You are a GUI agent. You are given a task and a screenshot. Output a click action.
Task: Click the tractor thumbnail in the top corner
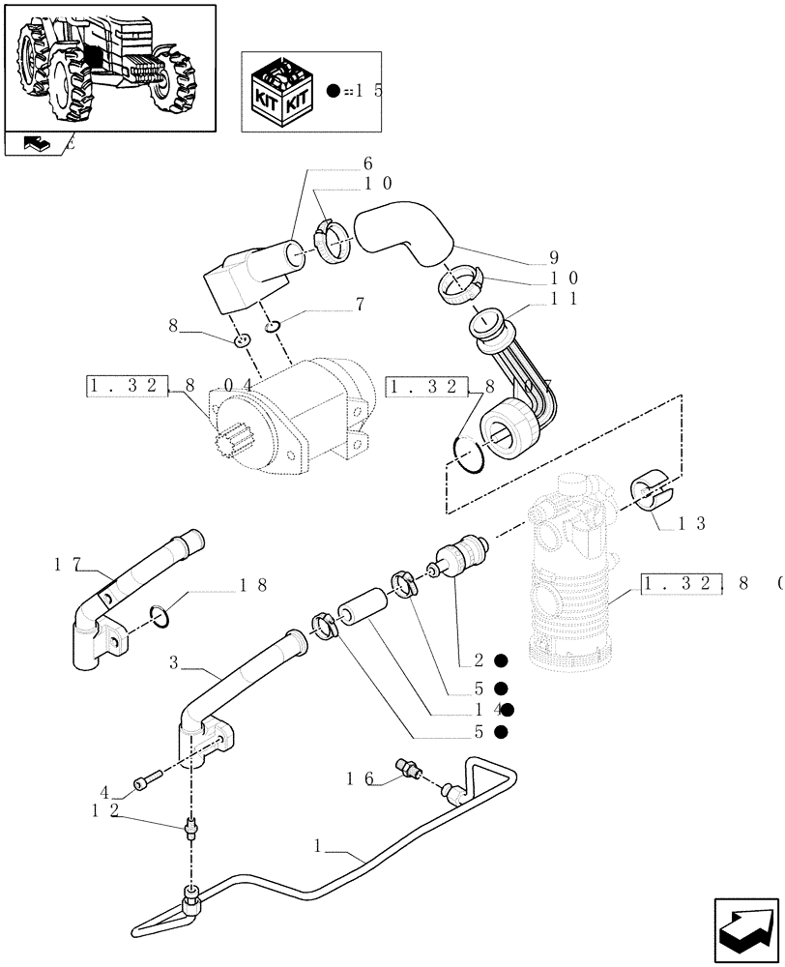click(x=108, y=66)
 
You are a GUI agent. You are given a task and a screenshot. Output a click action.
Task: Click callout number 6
click(x=366, y=163)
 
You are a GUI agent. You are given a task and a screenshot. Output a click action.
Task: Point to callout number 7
click(x=359, y=305)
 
